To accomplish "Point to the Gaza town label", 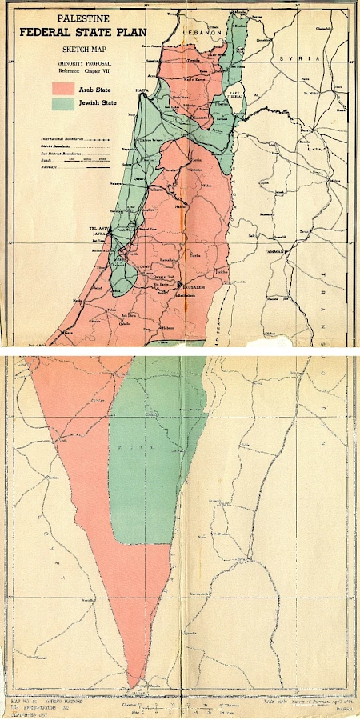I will (70, 331).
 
